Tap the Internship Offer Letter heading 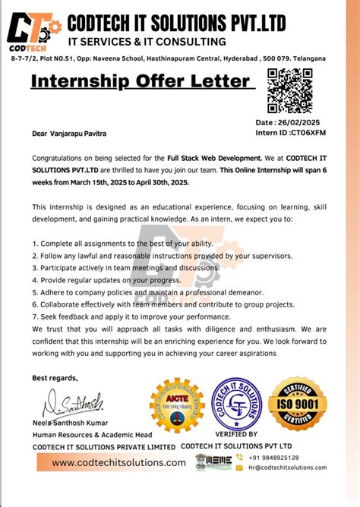[140, 81]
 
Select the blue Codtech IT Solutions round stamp [236, 404]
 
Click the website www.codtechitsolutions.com [109, 462]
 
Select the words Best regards [55, 377]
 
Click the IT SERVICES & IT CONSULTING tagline [147, 41]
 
